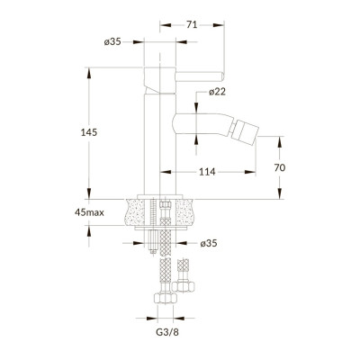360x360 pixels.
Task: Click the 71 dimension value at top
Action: [192, 25]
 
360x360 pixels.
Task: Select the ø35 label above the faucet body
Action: [112, 41]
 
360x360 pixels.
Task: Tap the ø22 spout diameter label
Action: [217, 92]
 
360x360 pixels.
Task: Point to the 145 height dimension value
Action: [89, 132]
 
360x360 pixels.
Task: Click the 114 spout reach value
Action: [207, 172]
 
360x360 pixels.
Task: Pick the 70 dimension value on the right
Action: [280, 167]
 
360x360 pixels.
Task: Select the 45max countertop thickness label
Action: [89, 212]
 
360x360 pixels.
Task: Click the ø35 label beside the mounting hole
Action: [209, 243]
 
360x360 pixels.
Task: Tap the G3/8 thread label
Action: [167, 332]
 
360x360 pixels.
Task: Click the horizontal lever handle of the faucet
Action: [200, 76]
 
